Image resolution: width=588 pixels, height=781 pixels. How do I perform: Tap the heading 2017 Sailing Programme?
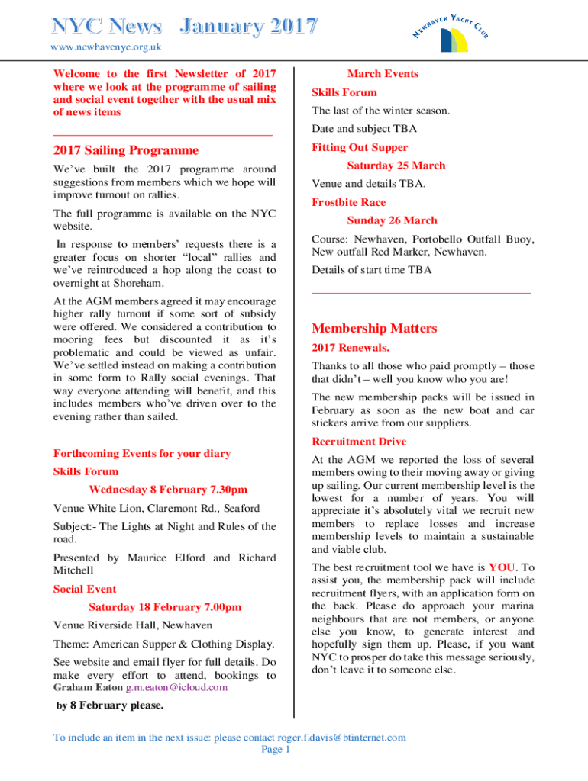[x=126, y=150]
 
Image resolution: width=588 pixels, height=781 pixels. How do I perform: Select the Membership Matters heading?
[x=374, y=329]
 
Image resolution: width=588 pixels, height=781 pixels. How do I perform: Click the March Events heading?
[x=383, y=74]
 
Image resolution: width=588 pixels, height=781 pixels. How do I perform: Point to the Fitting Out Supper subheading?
[x=360, y=147]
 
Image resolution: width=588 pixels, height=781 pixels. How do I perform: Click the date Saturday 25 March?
[x=396, y=166]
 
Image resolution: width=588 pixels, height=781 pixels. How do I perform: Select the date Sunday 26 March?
[x=392, y=220]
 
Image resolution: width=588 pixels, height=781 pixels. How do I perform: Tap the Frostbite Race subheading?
[x=349, y=202]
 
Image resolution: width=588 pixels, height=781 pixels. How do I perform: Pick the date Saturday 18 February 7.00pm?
[x=165, y=607]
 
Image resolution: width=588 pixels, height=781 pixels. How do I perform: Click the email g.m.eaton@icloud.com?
[x=176, y=687]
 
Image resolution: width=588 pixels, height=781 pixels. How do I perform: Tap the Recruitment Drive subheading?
[x=359, y=442]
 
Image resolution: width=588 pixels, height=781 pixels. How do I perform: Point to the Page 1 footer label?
[x=276, y=750]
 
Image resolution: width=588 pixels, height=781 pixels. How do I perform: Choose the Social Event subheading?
[x=85, y=589]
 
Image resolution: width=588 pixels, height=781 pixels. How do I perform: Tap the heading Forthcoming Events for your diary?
[x=142, y=453]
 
